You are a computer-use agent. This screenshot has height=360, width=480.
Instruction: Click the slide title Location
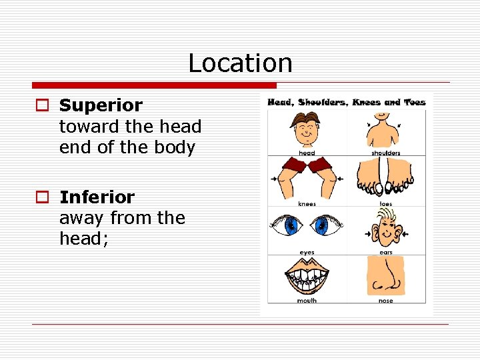(x=240, y=63)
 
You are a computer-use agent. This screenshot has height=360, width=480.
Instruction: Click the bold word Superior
(x=101, y=105)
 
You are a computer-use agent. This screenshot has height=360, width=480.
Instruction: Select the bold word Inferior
(x=97, y=197)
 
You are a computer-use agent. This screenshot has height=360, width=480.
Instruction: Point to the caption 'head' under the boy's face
(x=307, y=153)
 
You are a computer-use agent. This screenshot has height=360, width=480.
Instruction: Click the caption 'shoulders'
(x=386, y=153)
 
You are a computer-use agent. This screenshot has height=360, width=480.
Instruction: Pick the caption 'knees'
(x=307, y=203)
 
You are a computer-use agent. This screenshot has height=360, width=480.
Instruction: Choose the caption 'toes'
(x=386, y=203)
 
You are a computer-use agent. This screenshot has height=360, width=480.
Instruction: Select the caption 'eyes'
(x=307, y=252)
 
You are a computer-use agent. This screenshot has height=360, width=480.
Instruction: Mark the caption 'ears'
(x=386, y=252)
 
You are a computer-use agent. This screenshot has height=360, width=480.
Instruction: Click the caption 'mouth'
(x=307, y=301)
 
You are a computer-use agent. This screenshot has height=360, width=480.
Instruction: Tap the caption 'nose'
(x=386, y=301)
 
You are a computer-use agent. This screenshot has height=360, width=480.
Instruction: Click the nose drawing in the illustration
(x=385, y=277)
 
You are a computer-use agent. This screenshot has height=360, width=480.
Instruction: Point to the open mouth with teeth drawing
(x=307, y=277)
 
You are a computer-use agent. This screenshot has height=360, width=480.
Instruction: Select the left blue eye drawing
(x=291, y=227)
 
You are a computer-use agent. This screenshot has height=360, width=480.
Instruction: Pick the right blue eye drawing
(x=325, y=227)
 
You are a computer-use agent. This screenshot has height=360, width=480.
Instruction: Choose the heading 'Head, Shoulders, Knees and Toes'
(x=346, y=102)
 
